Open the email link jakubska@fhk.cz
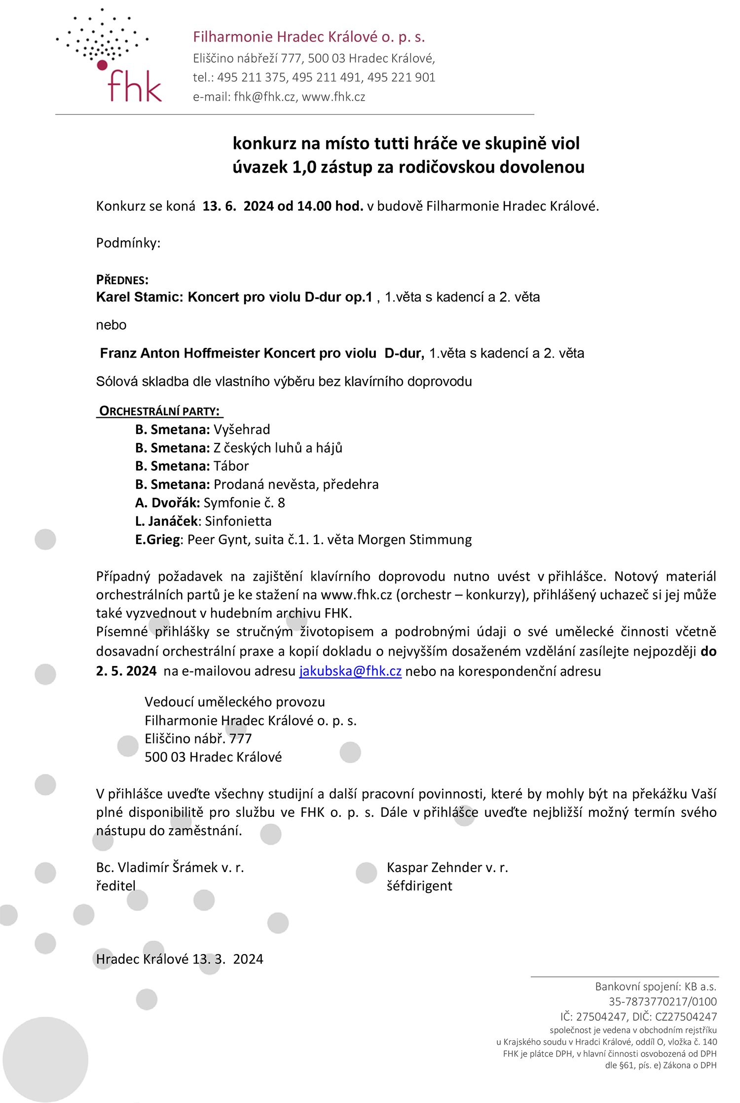coord(350,671)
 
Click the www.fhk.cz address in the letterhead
coord(333,97)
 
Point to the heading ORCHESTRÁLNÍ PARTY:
coord(159,411)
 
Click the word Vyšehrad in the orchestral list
coord(242,430)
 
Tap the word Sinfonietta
coord(238,521)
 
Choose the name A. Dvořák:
coord(167,503)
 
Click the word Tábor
coord(231,466)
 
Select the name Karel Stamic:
coord(140,297)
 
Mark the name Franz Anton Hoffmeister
coord(180,353)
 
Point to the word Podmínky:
coord(128,243)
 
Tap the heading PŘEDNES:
coord(122,280)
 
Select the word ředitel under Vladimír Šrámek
coord(115,886)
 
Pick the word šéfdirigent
coord(419,886)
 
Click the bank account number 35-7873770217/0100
coord(662,1001)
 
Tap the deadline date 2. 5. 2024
coord(126,671)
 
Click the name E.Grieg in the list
coord(157,540)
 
